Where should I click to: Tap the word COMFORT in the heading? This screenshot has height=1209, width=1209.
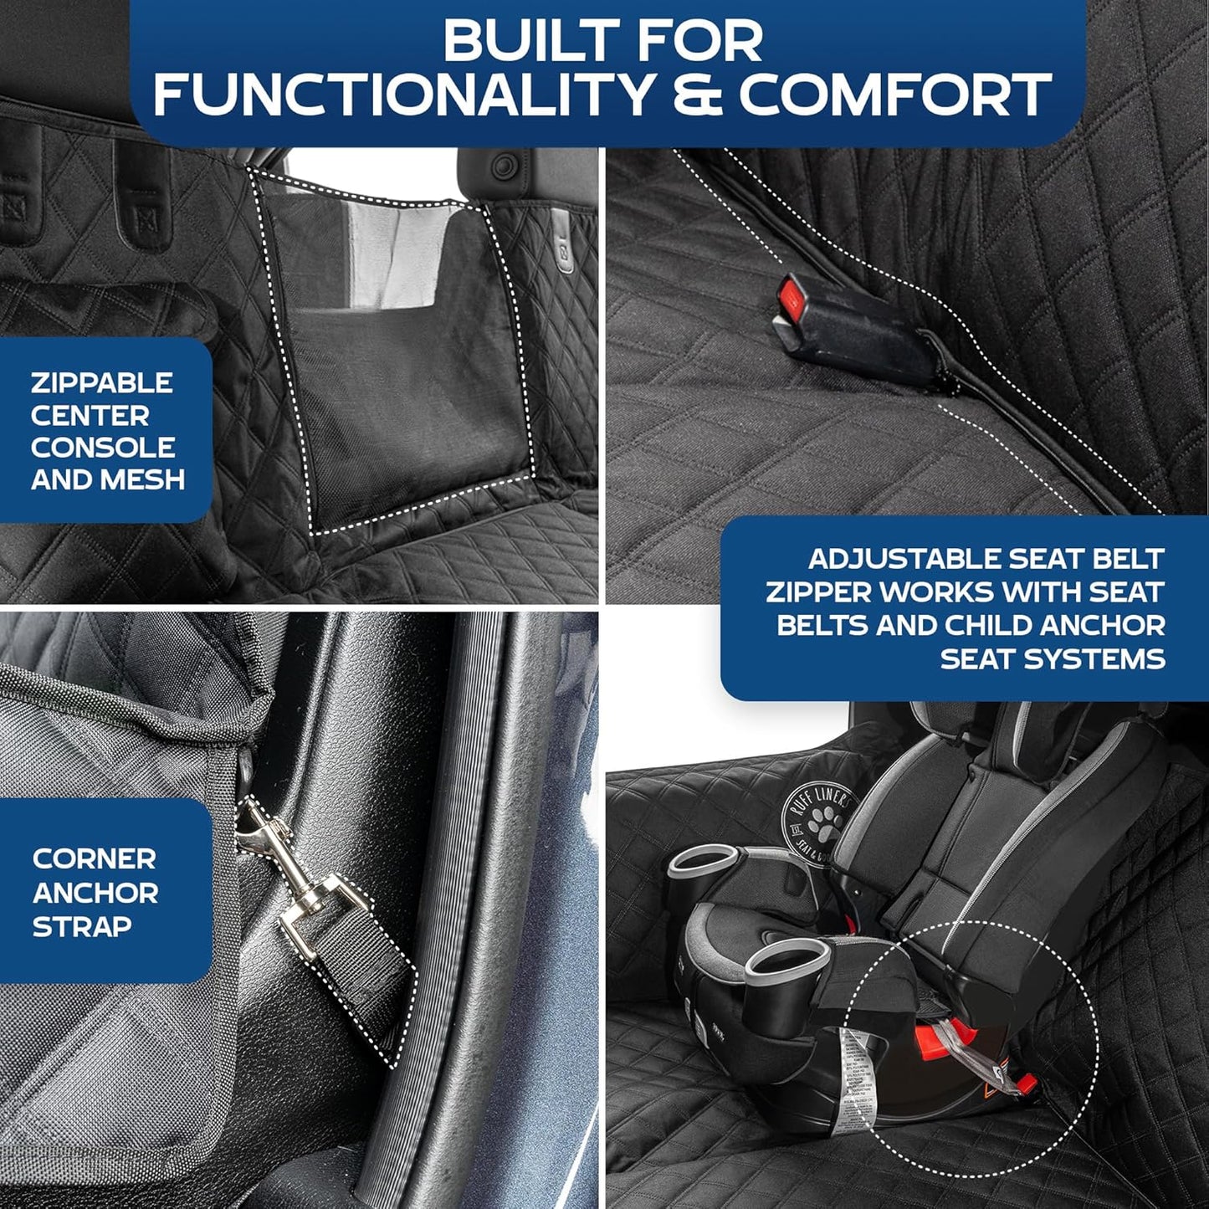coord(894,94)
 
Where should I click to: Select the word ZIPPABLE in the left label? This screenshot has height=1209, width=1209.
coord(101,383)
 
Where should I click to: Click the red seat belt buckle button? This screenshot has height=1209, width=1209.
coord(791,297)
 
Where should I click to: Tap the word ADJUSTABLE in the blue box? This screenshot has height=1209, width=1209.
coord(902,559)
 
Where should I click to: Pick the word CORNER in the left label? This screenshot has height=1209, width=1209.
coord(94,858)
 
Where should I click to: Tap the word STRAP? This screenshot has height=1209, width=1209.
coord(82,926)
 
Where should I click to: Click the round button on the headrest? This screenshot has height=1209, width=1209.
coord(503,166)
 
